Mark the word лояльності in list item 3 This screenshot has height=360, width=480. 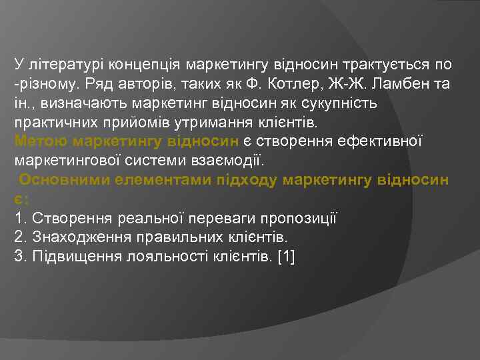[x=165, y=257]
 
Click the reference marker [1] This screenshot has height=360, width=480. [x=284, y=257]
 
